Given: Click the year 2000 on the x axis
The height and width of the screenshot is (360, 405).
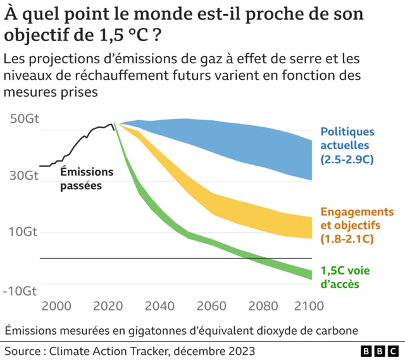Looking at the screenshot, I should pos(56,307).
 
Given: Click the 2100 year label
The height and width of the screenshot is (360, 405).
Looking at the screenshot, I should pos(309,307).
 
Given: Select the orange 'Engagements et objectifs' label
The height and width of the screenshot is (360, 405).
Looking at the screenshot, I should pos(357,225).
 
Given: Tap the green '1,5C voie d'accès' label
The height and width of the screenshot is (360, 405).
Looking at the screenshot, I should pos(345,277).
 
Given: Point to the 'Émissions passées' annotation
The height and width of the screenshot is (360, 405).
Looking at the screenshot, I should pos(87,178).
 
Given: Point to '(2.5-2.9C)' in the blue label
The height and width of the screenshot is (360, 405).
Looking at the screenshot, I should pos(347,159).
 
